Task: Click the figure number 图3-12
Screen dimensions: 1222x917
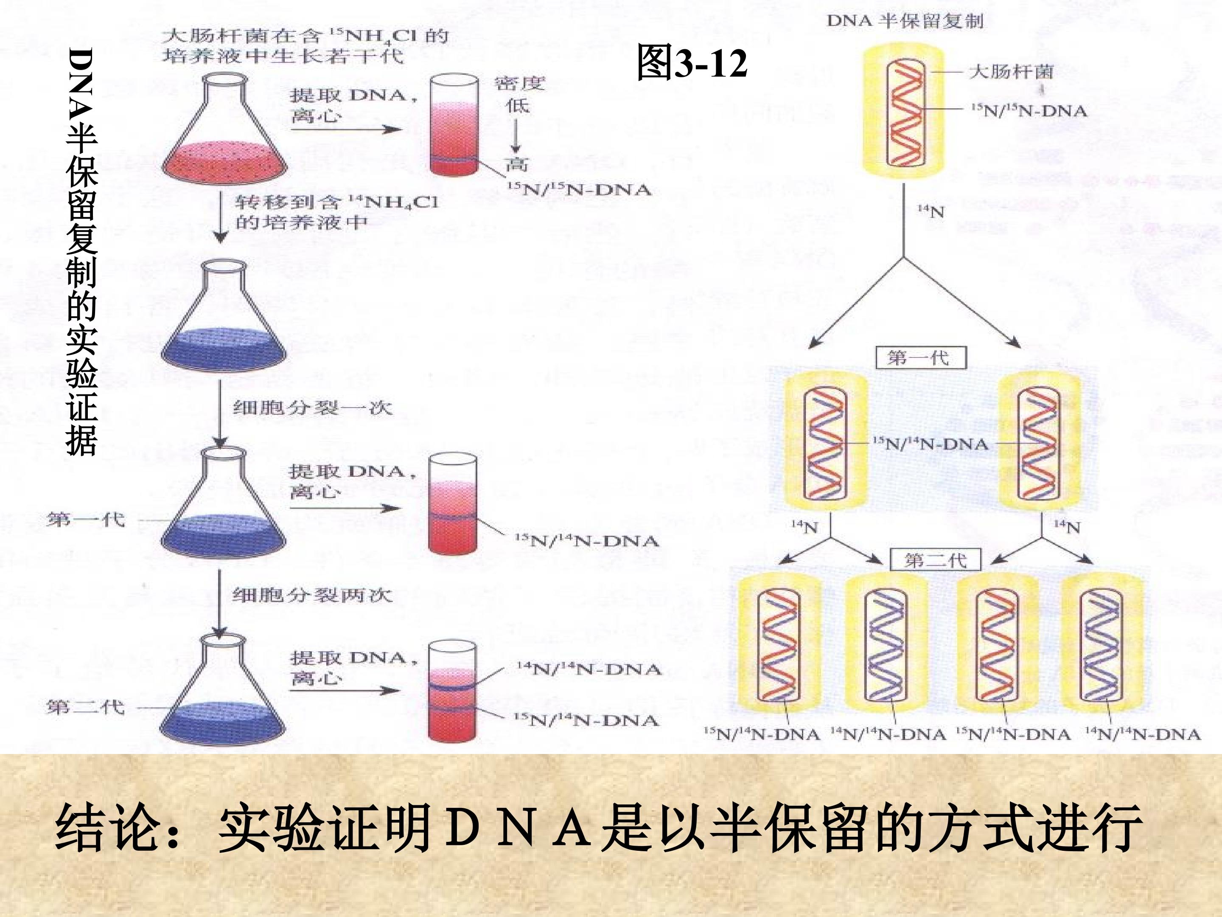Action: click(x=692, y=62)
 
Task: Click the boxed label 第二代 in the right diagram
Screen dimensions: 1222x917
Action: click(x=935, y=560)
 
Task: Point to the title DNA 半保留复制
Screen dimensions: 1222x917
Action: click(x=905, y=21)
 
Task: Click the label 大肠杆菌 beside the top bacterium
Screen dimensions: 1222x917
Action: click(x=1011, y=71)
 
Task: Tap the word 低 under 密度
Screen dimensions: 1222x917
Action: click(x=517, y=105)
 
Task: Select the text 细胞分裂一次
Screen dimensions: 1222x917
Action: click(x=313, y=408)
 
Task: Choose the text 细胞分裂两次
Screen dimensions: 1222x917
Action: click(x=313, y=595)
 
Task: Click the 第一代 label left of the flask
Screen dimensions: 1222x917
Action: click(x=86, y=520)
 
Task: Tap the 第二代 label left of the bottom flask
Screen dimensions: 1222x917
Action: click(x=86, y=706)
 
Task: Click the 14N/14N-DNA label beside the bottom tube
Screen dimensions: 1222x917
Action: click(x=589, y=669)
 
